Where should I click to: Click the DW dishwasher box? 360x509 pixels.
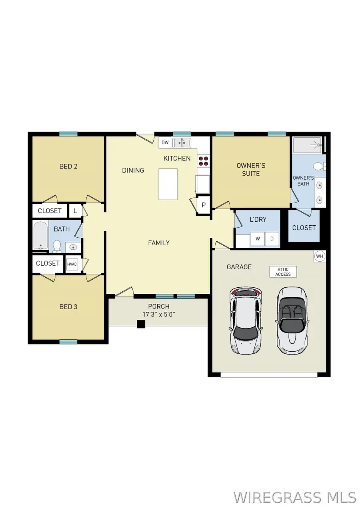pos(165,142)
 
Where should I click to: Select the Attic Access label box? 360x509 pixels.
pos(283,272)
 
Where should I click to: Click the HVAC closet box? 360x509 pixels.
pos(72,264)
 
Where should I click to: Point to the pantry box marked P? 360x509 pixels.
pos(203,205)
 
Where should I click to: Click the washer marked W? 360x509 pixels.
pos(258,239)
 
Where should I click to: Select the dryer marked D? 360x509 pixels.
pos(272,239)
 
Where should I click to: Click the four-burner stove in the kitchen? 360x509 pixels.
pos(203,161)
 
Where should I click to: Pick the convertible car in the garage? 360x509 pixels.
pos(292,320)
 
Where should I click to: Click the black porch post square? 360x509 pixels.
pos(141,324)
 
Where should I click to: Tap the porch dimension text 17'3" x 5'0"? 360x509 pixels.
pos(159,315)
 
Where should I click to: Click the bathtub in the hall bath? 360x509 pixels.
pos(40,236)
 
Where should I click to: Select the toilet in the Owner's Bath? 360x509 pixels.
pos(319,166)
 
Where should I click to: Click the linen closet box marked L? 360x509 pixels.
pos(75,210)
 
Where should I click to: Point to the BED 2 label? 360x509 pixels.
pos(68,166)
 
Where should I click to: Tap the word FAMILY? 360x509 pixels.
pos(158,243)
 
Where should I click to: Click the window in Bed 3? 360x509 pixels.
pos(68,342)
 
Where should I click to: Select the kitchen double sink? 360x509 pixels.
pos(182,142)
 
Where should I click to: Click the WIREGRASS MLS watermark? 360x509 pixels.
pos(294,497)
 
